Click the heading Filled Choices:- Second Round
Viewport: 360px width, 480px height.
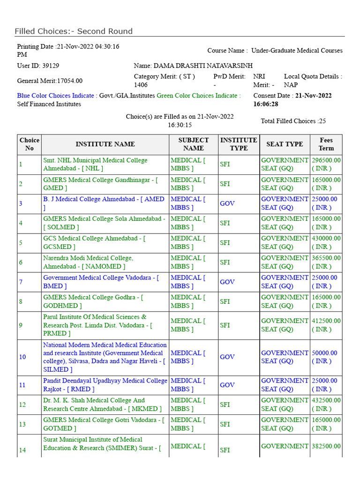pos(74,31)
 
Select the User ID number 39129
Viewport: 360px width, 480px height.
pos(50,66)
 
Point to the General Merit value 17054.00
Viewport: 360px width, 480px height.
pos(68,81)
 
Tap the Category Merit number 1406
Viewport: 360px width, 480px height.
pos(141,85)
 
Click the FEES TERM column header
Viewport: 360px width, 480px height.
pos(326,144)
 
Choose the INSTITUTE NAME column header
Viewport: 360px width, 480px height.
pos(105,144)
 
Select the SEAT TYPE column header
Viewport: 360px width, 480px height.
pos(285,144)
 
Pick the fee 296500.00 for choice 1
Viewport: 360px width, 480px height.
pos(326,160)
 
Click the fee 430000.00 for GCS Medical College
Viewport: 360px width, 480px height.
pos(326,239)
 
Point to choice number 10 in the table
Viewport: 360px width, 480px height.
pos(22,357)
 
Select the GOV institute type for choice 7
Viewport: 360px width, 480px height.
pos(227,282)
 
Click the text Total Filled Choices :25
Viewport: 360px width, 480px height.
pos(293,121)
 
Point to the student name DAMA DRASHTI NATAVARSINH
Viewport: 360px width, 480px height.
pos(196,66)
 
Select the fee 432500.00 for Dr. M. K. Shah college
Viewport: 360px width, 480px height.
pos(326,401)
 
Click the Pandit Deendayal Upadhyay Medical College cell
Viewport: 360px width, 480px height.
pos(105,385)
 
